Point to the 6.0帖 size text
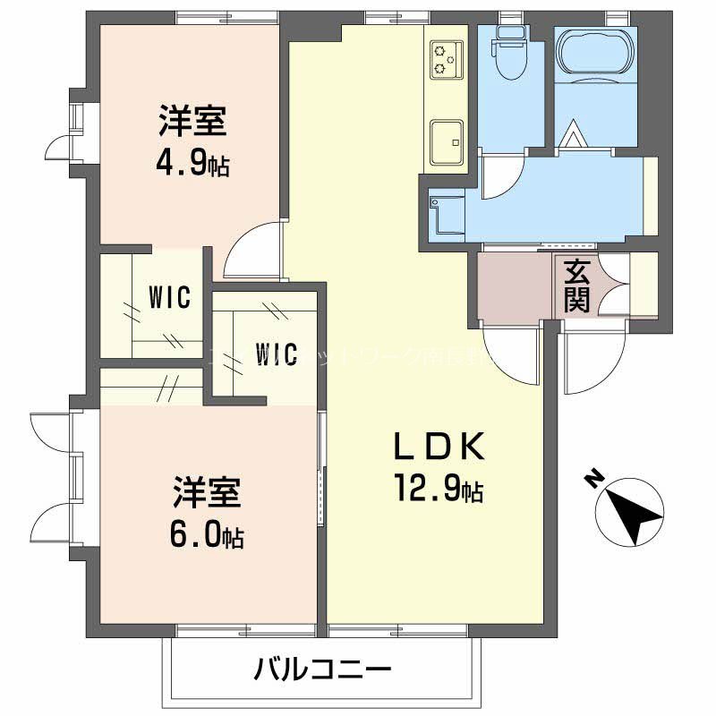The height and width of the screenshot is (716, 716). pyautogui.click(x=208, y=534)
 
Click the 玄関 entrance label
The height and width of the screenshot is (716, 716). pyautogui.click(x=577, y=286)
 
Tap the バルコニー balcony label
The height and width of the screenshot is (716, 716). pyautogui.click(x=322, y=669)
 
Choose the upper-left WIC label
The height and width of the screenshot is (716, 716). pyautogui.click(x=170, y=298)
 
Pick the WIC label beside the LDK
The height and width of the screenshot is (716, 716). pyautogui.click(x=276, y=354)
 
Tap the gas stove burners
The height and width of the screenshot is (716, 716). pyautogui.click(x=445, y=59)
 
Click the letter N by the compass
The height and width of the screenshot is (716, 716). pyautogui.click(x=592, y=480)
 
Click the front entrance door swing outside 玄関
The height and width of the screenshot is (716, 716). pyautogui.click(x=591, y=362)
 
